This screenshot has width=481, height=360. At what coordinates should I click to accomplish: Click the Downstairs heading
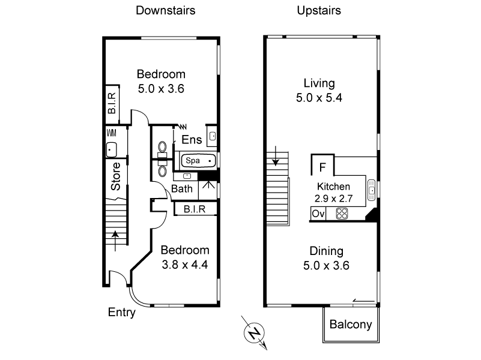click(x=165, y=10)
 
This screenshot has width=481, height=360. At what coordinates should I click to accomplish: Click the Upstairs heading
click(x=318, y=10)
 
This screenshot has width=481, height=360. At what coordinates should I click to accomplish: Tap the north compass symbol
click(x=255, y=332)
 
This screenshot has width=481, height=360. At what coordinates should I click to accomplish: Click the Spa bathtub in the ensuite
click(x=198, y=161)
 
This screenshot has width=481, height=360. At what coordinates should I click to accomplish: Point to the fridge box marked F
click(x=322, y=166)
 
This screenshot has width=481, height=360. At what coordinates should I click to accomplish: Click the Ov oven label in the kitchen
click(x=318, y=213)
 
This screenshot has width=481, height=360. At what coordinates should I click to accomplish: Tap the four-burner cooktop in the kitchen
click(x=342, y=213)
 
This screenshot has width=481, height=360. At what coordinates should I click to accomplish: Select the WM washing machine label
click(x=111, y=133)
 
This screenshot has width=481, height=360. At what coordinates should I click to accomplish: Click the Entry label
click(x=121, y=312)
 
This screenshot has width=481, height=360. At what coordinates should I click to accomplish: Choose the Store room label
click(x=116, y=176)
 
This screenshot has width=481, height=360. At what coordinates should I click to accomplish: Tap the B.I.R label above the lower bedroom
click(x=195, y=209)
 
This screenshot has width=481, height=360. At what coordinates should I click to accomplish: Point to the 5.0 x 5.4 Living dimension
click(x=319, y=97)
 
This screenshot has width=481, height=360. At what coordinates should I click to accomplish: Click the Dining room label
click(x=326, y=251)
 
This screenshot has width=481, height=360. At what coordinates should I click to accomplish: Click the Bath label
click(x=183, y=188)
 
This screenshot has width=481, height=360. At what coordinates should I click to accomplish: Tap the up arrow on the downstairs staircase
click(x=115, y=237)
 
